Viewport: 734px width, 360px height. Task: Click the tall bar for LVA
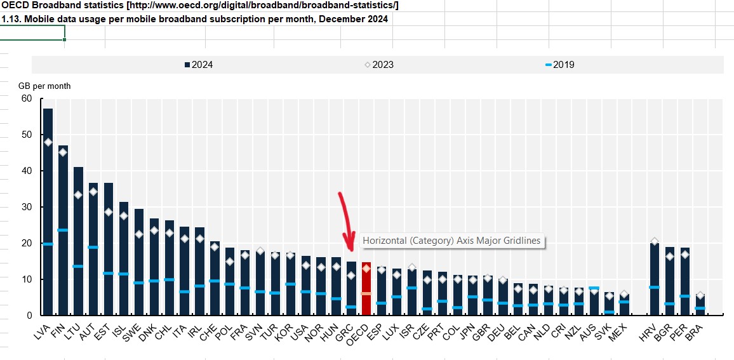click(x=48, y=210)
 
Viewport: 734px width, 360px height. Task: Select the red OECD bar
click(x=366, y=289)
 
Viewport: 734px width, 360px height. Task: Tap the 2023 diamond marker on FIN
click(x=63, y=152)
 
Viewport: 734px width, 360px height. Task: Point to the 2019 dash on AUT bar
click(x=93, y=247)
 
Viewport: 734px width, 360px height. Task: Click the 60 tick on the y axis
click(x=26, y=98)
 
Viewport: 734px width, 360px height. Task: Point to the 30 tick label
click(x=26, y=207)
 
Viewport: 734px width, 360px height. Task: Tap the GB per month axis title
click(x=44, y=86)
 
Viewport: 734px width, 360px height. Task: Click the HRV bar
click(x=655, y=279)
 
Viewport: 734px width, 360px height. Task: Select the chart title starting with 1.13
click(x=194, y=18)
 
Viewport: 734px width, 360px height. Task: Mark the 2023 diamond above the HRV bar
click(x=655, y=241)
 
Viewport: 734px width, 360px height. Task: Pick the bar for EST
click(x=109, y=248)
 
